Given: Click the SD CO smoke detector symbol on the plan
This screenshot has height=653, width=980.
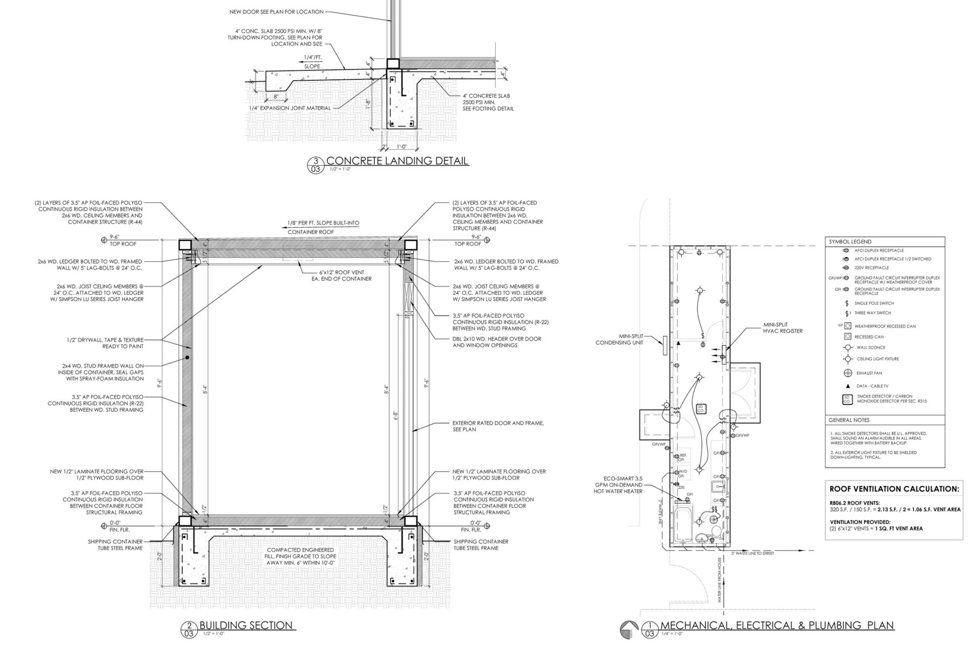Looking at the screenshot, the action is click(700, 408).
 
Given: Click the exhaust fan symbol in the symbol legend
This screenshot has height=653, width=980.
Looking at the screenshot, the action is click(847, 373).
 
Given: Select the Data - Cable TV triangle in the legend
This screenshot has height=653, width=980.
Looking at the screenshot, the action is click(847, 386).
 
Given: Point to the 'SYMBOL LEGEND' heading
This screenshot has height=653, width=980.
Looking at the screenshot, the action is click(850, 242).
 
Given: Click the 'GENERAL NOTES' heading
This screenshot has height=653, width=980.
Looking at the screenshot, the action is click(849, 420).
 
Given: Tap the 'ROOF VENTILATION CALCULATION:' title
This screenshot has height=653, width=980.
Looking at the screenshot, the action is click(894, 489).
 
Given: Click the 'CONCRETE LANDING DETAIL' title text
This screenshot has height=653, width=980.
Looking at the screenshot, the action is click(397, 161).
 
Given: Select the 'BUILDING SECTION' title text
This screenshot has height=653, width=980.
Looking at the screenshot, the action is click(246, 625).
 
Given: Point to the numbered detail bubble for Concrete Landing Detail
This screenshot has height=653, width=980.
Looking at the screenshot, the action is click(316, 165).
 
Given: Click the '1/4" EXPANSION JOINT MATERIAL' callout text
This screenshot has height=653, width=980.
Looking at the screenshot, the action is click(290, 108).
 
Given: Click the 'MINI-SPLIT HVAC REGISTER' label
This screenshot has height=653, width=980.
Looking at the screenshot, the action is click(782, 328).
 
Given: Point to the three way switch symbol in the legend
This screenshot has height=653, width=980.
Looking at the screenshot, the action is click(847, 313).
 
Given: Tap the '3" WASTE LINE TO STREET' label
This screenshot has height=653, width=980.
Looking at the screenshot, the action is click(752, 553).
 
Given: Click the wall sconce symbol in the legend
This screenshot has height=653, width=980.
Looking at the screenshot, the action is click(847, 348).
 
